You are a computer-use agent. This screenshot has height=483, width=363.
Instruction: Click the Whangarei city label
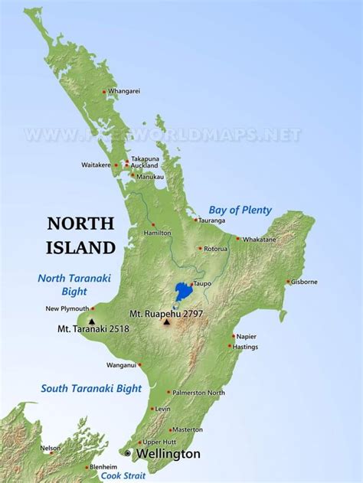[x=124, y=91]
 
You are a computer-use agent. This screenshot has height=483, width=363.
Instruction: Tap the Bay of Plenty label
[x=240, y=210]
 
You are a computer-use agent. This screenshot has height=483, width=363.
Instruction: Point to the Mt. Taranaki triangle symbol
[x=92, y=321]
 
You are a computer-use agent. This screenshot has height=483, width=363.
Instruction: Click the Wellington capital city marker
[x=128, y=453]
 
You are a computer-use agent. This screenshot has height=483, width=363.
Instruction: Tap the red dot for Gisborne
[x=288, y=282]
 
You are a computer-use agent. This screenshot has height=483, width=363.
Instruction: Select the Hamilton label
[x=156, y=233]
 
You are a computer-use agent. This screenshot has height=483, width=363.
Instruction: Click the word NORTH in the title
[x=80, y=224]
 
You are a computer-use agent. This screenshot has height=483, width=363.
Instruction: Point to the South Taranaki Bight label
[x=91, y=388]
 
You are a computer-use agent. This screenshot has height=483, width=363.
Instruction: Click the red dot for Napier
[x=234, y=336]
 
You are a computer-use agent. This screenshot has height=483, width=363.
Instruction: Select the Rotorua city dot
[x=201, y=248]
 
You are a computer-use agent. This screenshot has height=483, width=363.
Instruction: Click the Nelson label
[x=50, y=448]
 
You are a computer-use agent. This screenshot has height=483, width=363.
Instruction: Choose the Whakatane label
[x=260, y=239]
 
